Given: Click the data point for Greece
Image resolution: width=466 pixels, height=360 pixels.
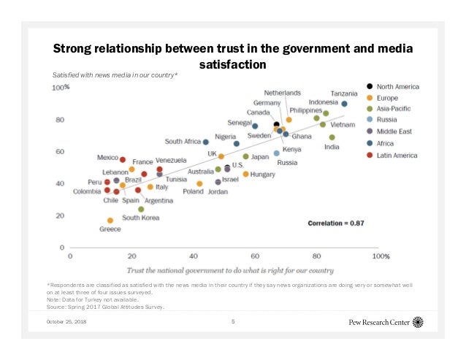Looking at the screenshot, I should [110, 220].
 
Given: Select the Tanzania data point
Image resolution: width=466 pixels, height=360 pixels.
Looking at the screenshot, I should [344, 104].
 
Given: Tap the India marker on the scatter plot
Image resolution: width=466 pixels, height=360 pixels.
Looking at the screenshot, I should [332, 137].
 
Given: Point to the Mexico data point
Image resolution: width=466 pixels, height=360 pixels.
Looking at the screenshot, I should [123, 159].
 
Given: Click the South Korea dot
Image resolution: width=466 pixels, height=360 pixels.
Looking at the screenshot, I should [141, 209].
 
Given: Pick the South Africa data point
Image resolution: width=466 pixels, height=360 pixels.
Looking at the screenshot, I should [206, 142].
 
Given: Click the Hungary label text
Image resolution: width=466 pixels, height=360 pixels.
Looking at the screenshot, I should [262, 175].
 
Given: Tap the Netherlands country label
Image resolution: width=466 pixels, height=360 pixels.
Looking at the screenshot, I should [282, 93].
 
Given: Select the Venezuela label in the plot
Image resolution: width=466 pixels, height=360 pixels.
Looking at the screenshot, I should [171, 160].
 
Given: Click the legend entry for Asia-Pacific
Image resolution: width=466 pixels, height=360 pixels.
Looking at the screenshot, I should [397, 109].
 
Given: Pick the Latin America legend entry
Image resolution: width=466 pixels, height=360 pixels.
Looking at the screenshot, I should [398, 155].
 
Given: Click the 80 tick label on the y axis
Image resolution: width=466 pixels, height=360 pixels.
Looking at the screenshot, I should [59, 120].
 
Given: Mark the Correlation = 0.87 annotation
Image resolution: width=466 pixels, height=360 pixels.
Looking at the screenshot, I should [335, 222].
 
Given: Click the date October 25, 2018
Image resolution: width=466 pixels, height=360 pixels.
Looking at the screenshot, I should [66, 321].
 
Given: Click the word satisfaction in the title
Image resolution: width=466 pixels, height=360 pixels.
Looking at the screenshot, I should [233, 64].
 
